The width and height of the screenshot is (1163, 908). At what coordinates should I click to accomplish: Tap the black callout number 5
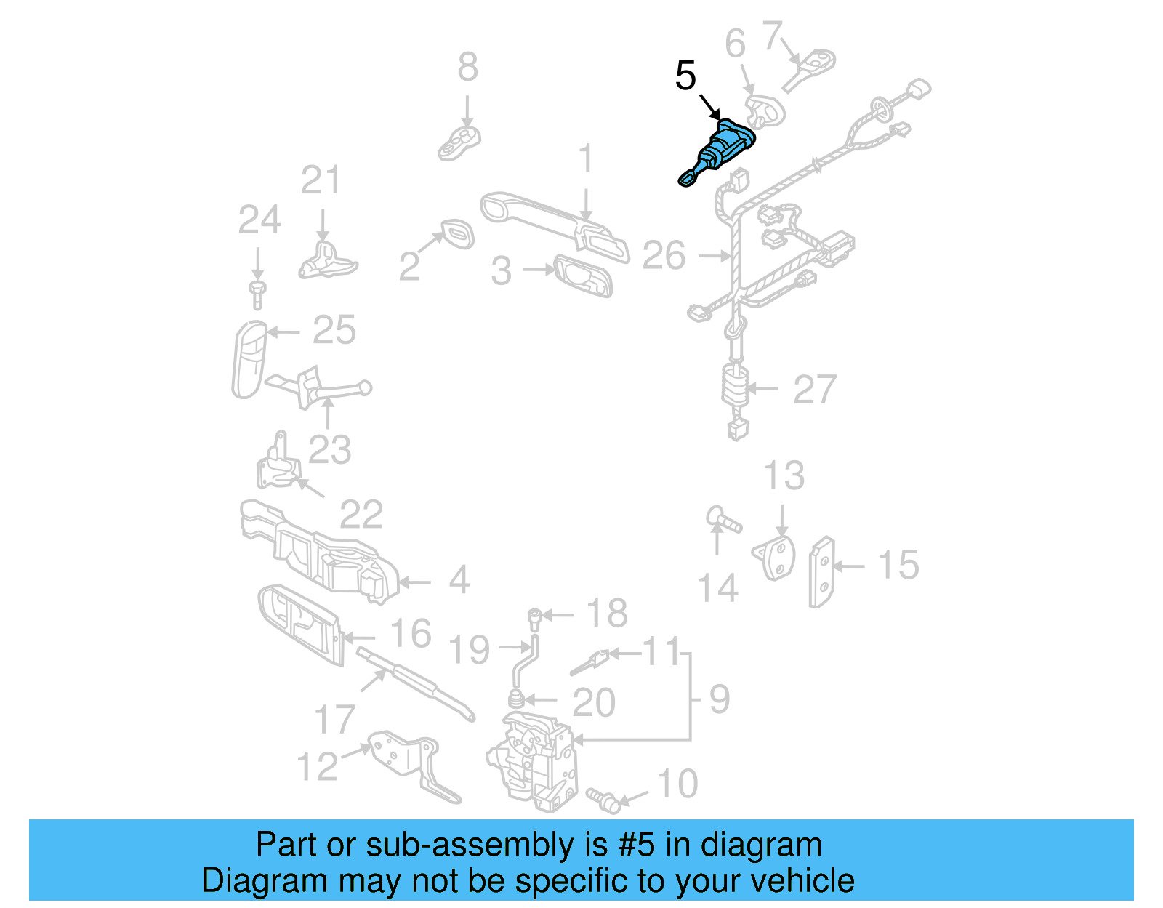(x=685, y=76)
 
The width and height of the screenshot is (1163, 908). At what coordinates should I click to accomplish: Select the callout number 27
(x=814, y=390)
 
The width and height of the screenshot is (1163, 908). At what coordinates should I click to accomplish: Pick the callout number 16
(x=411, y=633)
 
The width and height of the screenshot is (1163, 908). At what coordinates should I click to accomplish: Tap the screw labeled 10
(x=603, y=798)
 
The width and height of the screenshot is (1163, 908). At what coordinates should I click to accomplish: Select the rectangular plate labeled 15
(x=822, y=572)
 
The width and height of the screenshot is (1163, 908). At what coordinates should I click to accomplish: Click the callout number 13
(x=784, y=476)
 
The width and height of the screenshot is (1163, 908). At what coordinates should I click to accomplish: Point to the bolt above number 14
(x=723, y=520)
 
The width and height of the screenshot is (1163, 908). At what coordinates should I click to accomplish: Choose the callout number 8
(x=467, y=67)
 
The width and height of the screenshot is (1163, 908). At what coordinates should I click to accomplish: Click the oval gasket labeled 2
(x=456, y=234)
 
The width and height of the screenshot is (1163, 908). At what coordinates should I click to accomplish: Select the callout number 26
(x=664, y=256)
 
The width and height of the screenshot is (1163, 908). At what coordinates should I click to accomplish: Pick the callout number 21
(x=320, y=180)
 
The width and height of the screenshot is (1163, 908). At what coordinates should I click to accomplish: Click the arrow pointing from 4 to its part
(x=415, y=582)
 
